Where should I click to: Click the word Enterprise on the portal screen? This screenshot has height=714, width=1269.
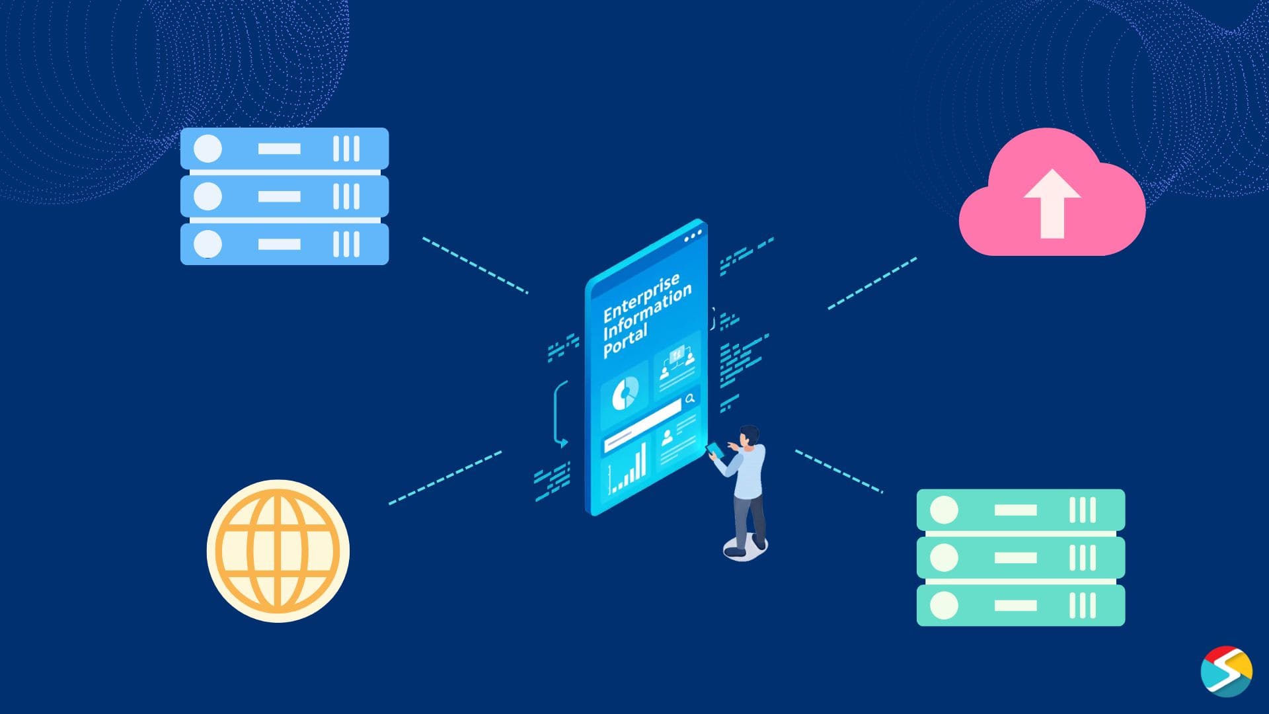(640, 297)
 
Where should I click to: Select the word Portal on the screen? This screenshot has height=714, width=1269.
(625, 342)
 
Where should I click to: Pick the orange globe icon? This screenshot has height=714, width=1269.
(278, 551)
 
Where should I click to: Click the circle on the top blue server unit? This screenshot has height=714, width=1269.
(208, 149)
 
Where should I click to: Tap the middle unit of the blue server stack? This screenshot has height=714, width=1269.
(284, 196)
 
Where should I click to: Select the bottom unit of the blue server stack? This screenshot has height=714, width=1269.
(284, 244)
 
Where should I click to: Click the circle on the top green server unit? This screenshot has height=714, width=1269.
(944, 510)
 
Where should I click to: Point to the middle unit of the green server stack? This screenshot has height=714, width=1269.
(1020, 557)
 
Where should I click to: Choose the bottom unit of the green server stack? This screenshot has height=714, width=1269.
(1020, 605)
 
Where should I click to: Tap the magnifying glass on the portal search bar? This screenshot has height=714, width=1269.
(690, 399)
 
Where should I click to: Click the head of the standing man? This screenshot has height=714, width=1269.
(750, 436)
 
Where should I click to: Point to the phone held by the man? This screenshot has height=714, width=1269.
(714, 450)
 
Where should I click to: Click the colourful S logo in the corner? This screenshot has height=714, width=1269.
(1226, 671)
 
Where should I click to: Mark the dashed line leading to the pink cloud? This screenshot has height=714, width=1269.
(872, 284)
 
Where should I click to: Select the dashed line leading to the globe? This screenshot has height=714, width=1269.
(445, 478)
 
